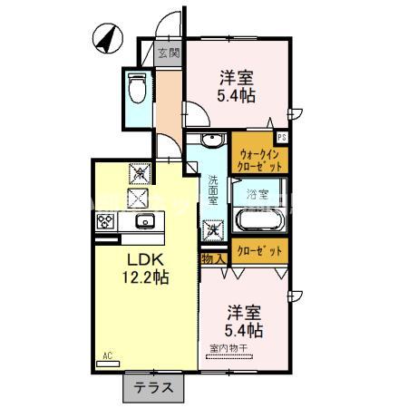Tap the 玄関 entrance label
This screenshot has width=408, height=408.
[x=168, y=53]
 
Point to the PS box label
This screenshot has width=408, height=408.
[x=283, y=138]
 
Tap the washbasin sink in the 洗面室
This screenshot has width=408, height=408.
[x=210, y=141]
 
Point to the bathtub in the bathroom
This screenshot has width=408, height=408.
[x=257, y=220]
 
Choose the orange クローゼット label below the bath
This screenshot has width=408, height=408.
[x=258, y=250]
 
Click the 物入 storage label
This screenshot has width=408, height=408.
[x=212, y=259]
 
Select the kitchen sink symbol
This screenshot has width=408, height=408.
[x=143, y=222]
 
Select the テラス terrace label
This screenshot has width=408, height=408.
[x=154, y=387]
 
